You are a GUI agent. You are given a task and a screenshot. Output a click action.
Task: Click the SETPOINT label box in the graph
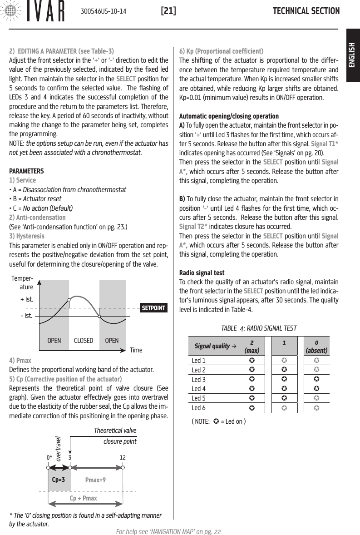coord(153,308)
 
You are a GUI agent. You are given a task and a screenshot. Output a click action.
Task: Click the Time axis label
coord(136,351)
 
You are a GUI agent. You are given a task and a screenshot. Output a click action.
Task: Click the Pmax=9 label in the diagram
coord(95,479)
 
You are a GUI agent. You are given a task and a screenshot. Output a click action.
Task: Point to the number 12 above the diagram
coord(123,457)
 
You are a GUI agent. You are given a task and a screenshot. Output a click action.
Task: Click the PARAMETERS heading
coord(27,172)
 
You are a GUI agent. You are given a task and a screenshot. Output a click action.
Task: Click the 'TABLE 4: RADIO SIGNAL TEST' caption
coord(258,328)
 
